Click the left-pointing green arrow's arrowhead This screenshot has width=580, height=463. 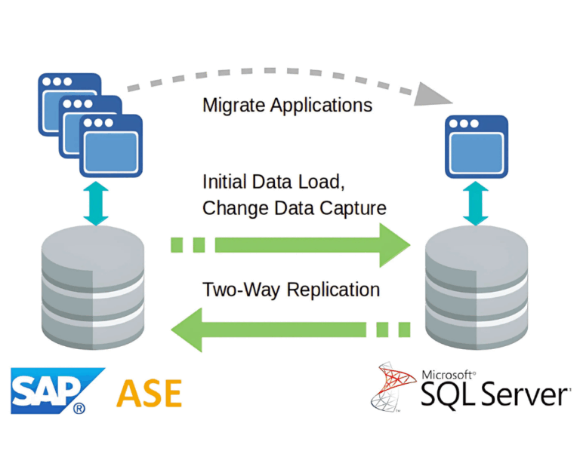[187, 329]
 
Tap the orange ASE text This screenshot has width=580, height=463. [149, 393]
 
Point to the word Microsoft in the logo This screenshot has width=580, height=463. [449, 373]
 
